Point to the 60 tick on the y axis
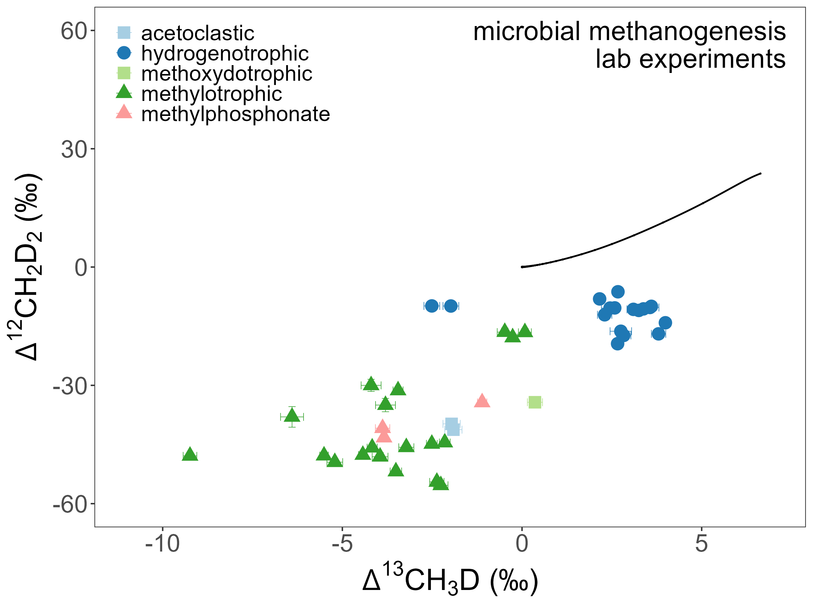coord(74,31)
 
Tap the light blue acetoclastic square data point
coord(452,427)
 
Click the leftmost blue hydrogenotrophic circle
coord(432,306)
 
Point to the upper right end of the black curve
coord(761,174)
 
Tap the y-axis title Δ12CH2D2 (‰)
coord(27,267)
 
